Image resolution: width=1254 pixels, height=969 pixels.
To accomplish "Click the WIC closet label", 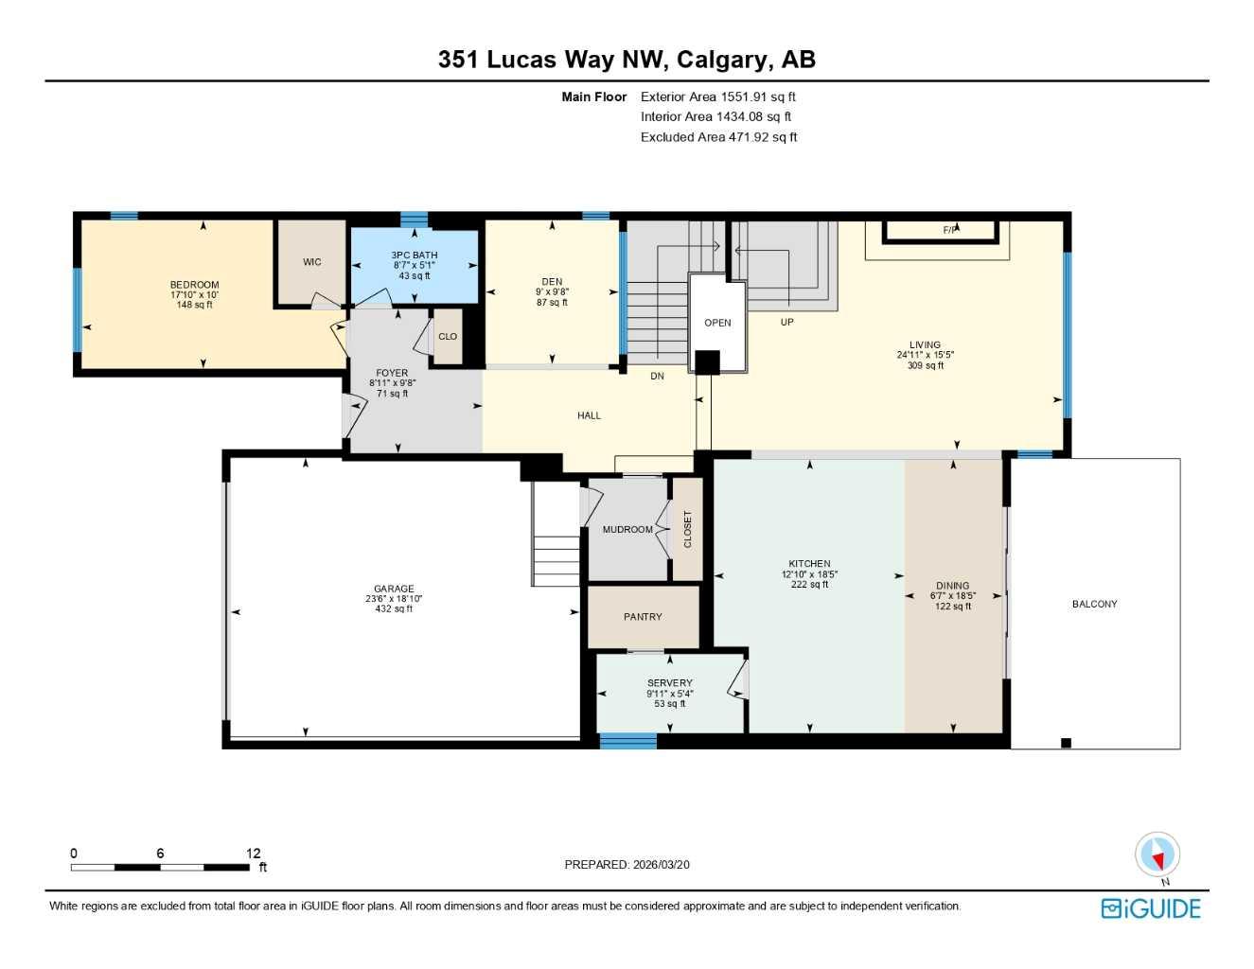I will point(311,262).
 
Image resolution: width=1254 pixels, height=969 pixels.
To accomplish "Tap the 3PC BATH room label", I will point(415,255).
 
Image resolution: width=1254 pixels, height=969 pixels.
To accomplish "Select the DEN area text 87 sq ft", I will point(552,303).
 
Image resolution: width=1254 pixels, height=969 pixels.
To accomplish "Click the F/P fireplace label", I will point(949,230).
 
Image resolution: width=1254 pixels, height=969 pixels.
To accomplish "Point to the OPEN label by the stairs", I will point(717,323).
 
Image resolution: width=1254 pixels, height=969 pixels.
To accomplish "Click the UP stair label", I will point(786,322).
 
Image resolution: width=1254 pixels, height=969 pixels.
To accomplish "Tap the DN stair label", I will point(657,376).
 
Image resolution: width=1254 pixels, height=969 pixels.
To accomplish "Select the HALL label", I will point(589,415).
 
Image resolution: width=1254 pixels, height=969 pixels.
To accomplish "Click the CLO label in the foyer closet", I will point(448,337).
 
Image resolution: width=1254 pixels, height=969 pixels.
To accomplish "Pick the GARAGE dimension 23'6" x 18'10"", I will point(394,599).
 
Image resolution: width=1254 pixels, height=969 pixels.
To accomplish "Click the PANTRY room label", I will point(643,617).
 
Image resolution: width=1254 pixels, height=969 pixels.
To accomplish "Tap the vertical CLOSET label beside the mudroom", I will point(688,529).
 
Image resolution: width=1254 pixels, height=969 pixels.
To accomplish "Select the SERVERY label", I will point(669,683).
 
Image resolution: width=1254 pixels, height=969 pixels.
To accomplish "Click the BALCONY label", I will point(1094,604).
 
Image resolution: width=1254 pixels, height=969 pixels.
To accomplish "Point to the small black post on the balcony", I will point(1066,743).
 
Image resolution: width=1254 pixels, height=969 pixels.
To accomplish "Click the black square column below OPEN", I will point(707,362).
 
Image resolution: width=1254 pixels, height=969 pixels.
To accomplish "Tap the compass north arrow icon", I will point(1157,855).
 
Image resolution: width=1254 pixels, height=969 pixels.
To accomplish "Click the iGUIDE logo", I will point(1151,908).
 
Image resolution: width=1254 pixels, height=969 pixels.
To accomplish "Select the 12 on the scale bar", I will point(253,854).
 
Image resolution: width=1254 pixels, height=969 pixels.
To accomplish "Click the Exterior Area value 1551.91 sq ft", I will point(757,97).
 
